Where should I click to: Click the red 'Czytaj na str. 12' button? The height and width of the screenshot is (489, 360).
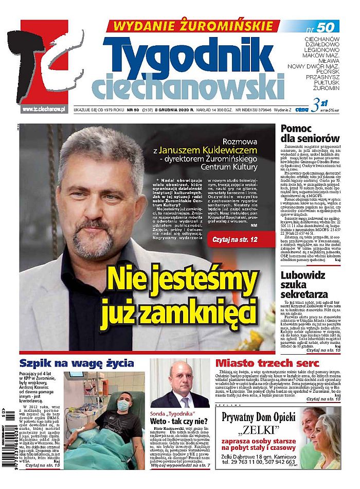click(x=239, y=239)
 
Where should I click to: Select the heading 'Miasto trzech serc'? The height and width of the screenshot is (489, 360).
click(x=258, y=363)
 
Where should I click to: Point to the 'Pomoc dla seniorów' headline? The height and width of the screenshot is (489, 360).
click(x=310, y=133)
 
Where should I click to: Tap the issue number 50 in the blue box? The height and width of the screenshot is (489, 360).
click(x=326, y=27)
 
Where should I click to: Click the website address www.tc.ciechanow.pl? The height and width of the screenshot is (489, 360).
click(x=44, y=109)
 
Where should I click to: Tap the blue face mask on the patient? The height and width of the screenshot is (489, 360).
click(x=122, y=405)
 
